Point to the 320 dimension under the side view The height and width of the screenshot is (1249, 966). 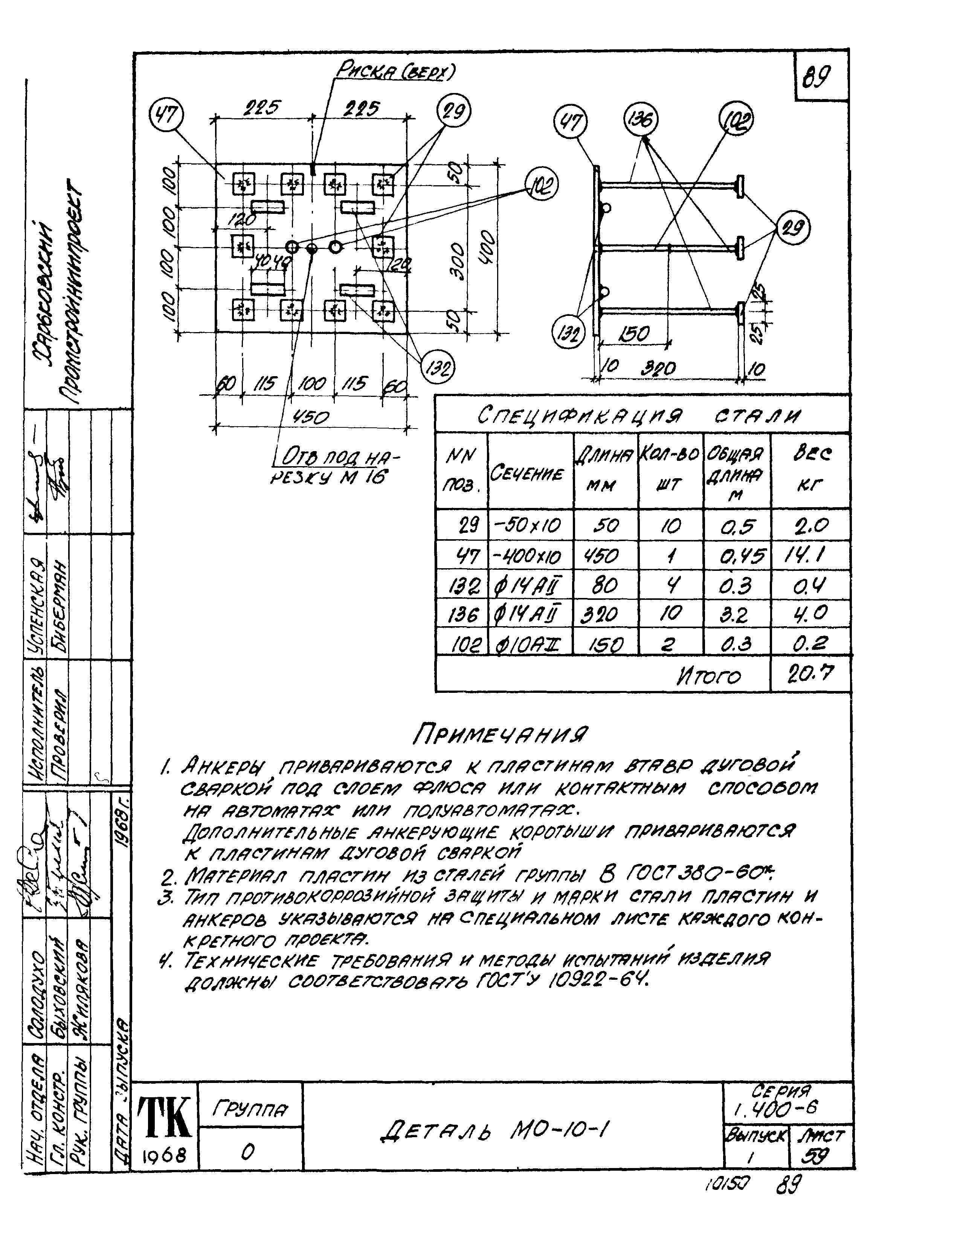(x=658, y=369)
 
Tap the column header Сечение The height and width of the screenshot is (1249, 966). (x=526, y=474)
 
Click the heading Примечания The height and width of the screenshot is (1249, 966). (x=502, y=734)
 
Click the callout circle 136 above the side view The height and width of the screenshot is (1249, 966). (x=641, y=120)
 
